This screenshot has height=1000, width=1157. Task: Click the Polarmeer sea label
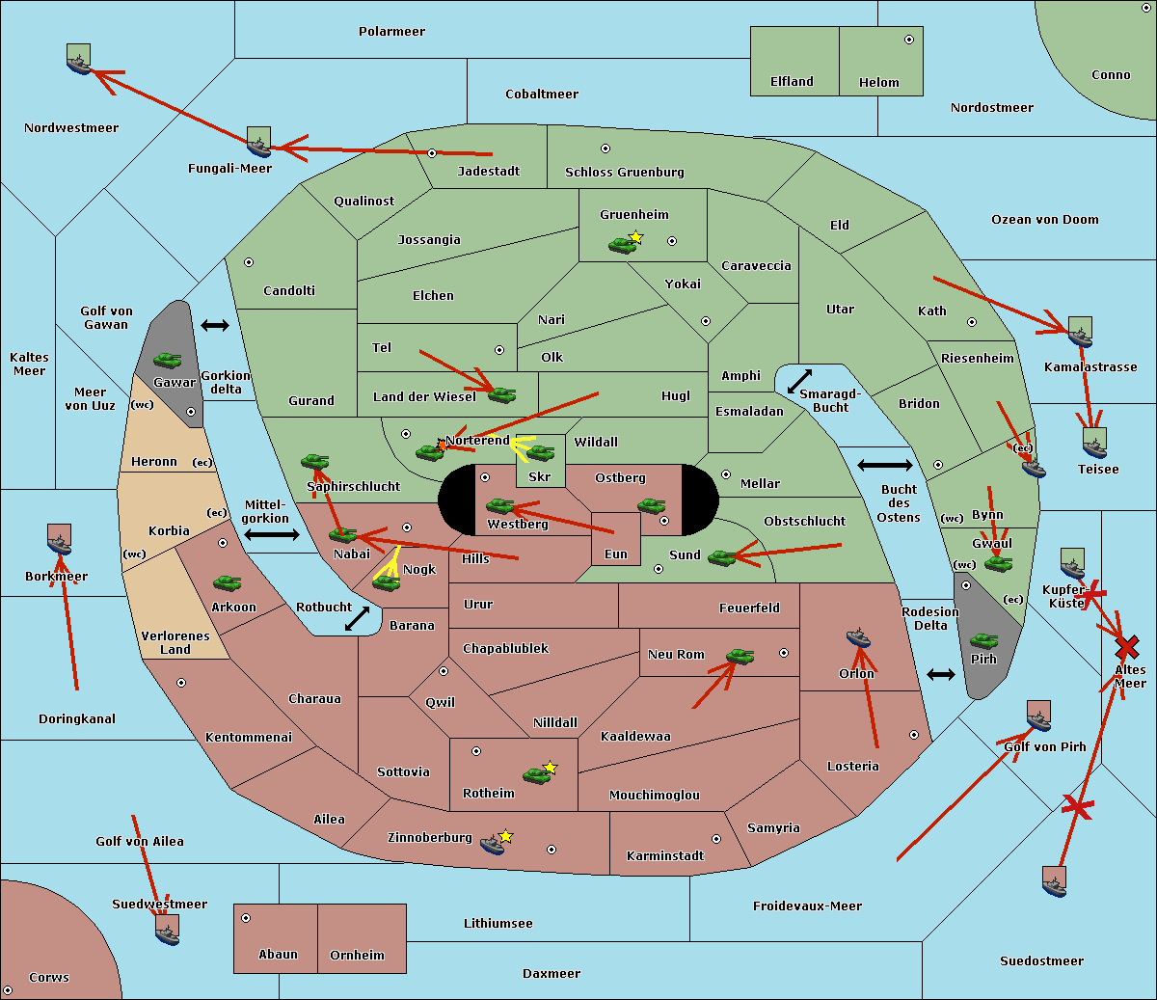[x=391, y=32]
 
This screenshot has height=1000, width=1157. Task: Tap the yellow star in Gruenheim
[x=635, y=237]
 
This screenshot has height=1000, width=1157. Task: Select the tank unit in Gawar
[x=168, y=361]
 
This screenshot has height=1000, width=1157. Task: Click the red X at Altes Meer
[x=1126, y=646]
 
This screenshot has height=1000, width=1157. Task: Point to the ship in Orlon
[x=858, y=637]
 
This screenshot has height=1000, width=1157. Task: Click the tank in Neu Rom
[x=740, y=657]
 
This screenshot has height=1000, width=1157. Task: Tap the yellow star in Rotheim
[x=551, y=768]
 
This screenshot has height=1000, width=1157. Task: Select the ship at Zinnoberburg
[x=493, y=845]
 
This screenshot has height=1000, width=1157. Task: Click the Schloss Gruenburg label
[x=624, y=173]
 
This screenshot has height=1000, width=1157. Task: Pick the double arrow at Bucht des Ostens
[x=884, y=466]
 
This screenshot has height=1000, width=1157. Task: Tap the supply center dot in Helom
[x=908, y=40]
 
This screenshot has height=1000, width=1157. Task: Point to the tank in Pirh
[x=983, y=640]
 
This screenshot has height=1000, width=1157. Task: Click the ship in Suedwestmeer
[x=167, y=930]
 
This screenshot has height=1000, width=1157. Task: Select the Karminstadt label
[x=665, y=856]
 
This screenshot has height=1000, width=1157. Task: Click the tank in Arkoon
[x=227, y=583]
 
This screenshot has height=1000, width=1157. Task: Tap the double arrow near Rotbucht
[x=357, y=618]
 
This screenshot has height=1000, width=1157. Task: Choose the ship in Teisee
[x=1094, y=445]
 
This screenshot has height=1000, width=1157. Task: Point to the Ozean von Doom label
[x=1044, y=220]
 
